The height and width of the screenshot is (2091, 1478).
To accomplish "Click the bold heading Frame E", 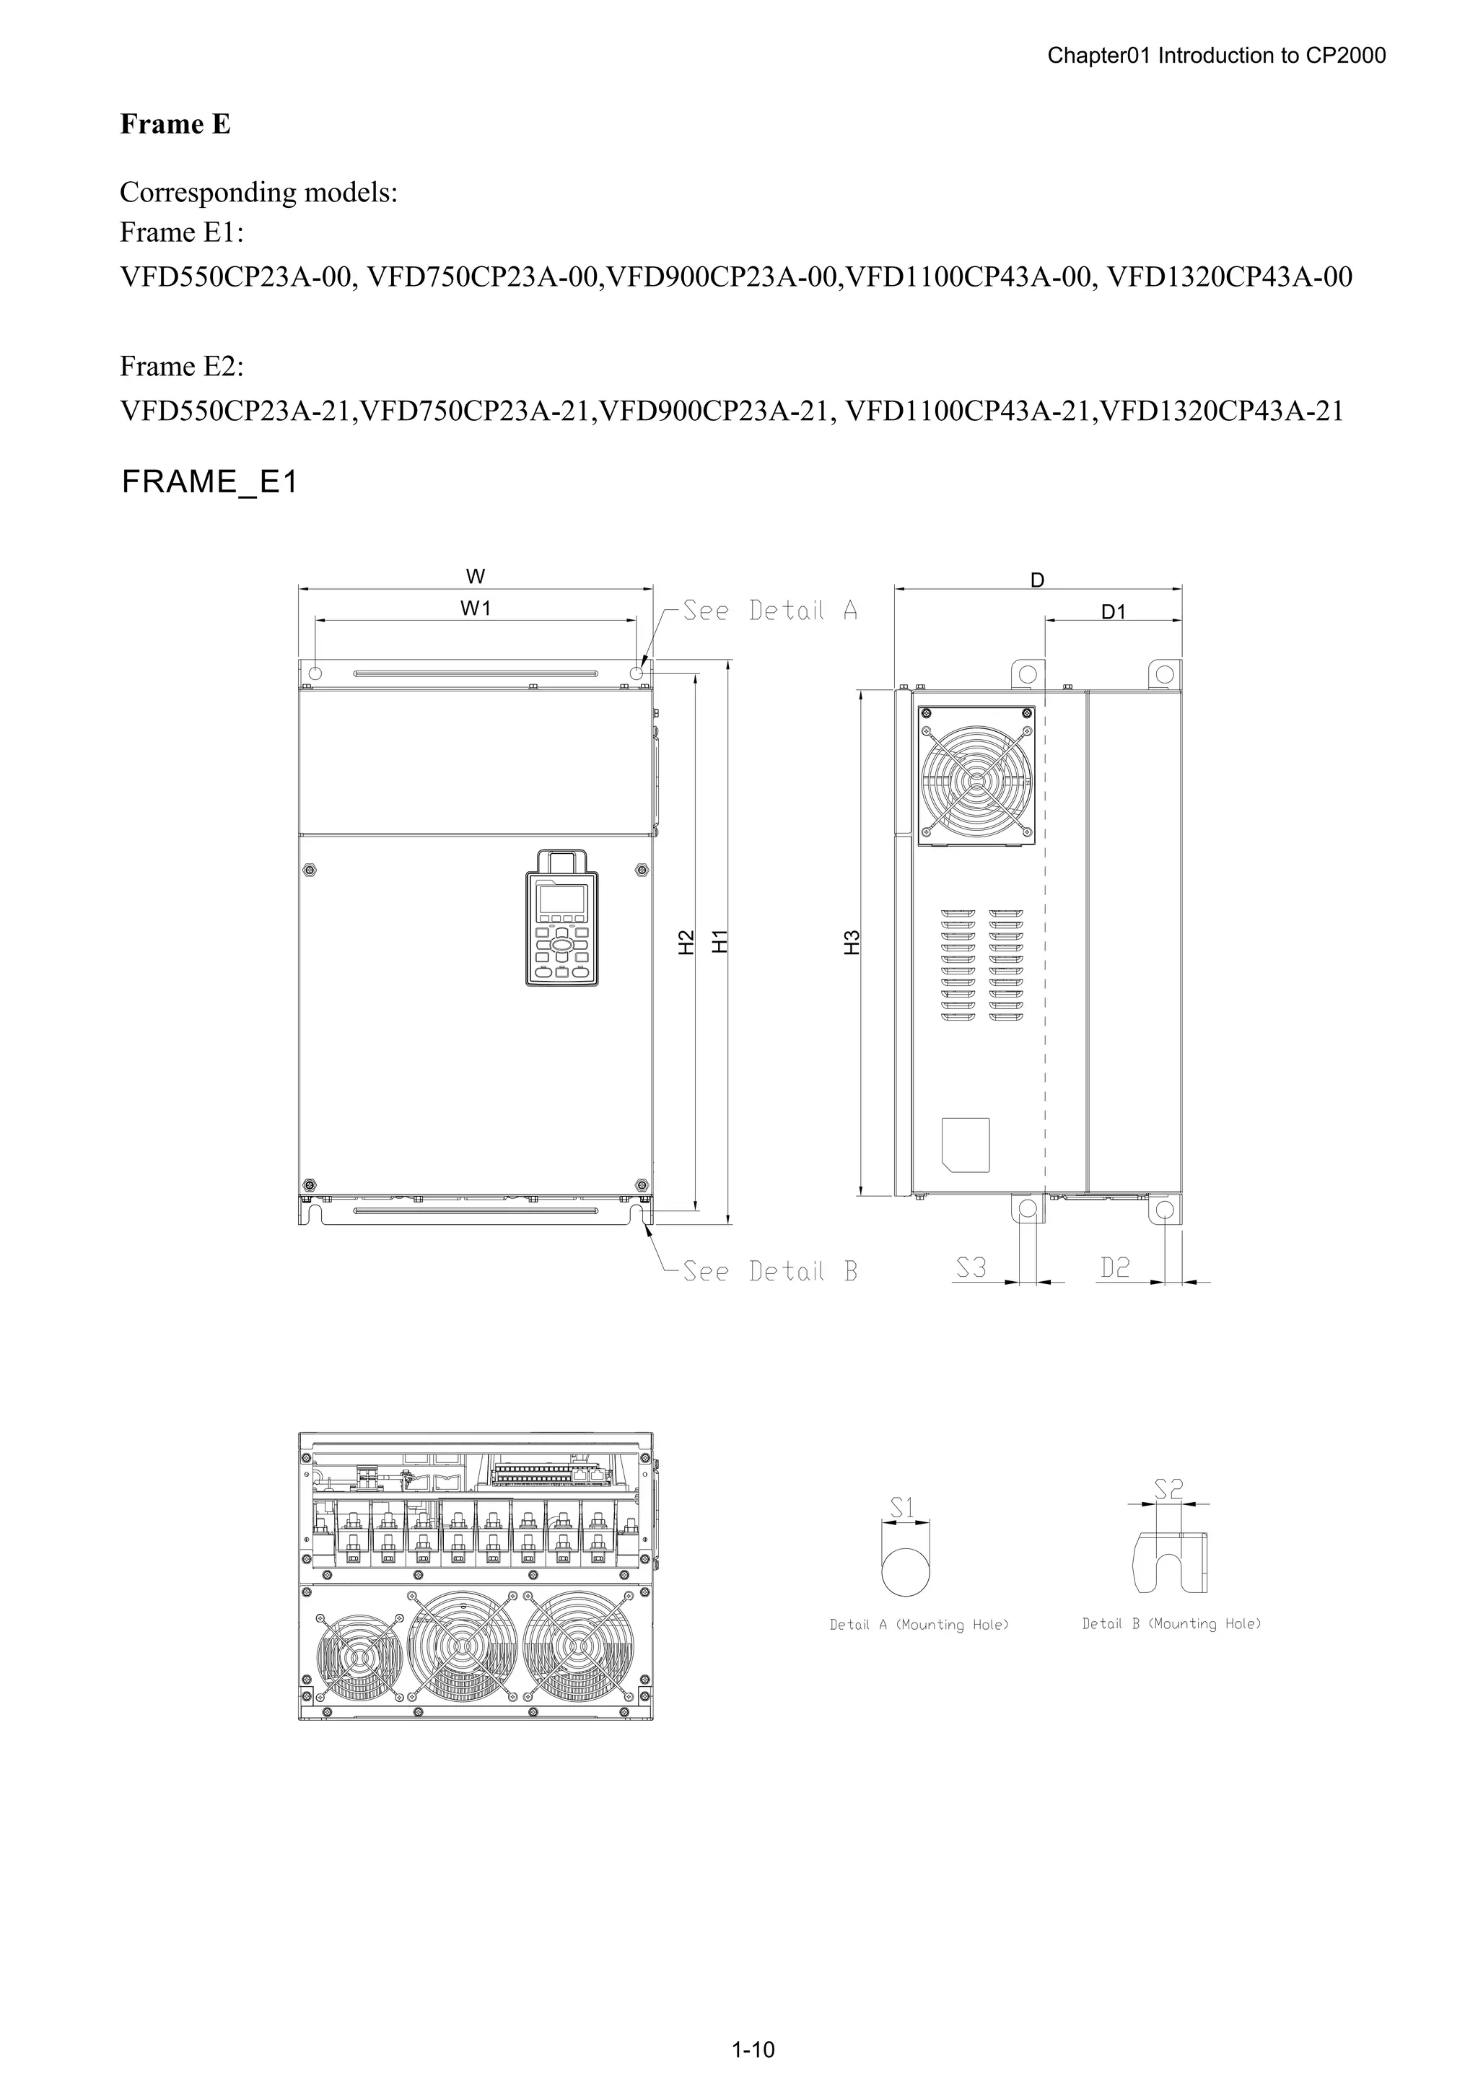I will [x=175, y=124].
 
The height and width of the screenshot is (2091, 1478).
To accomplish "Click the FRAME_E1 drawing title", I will [x=209, y=481].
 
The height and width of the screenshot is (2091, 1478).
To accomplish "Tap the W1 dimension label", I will [x=476, y=608].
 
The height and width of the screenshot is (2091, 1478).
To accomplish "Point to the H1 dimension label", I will [x=720, y=940].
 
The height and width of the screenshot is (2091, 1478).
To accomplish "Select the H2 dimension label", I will [x=686, y=940].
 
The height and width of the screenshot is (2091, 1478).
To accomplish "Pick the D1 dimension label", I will [x=1114, y=612].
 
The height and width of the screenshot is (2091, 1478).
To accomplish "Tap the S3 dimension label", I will [x=971, y=1267].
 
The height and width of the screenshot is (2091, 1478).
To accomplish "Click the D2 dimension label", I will [x=1115, y=1267].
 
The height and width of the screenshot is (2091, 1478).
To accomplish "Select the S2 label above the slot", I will [x=1168, y=1489].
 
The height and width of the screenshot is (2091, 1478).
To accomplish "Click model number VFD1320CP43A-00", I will [x=1230, y=277].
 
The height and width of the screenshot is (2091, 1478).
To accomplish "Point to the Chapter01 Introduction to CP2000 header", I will [x=1216, y=56].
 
